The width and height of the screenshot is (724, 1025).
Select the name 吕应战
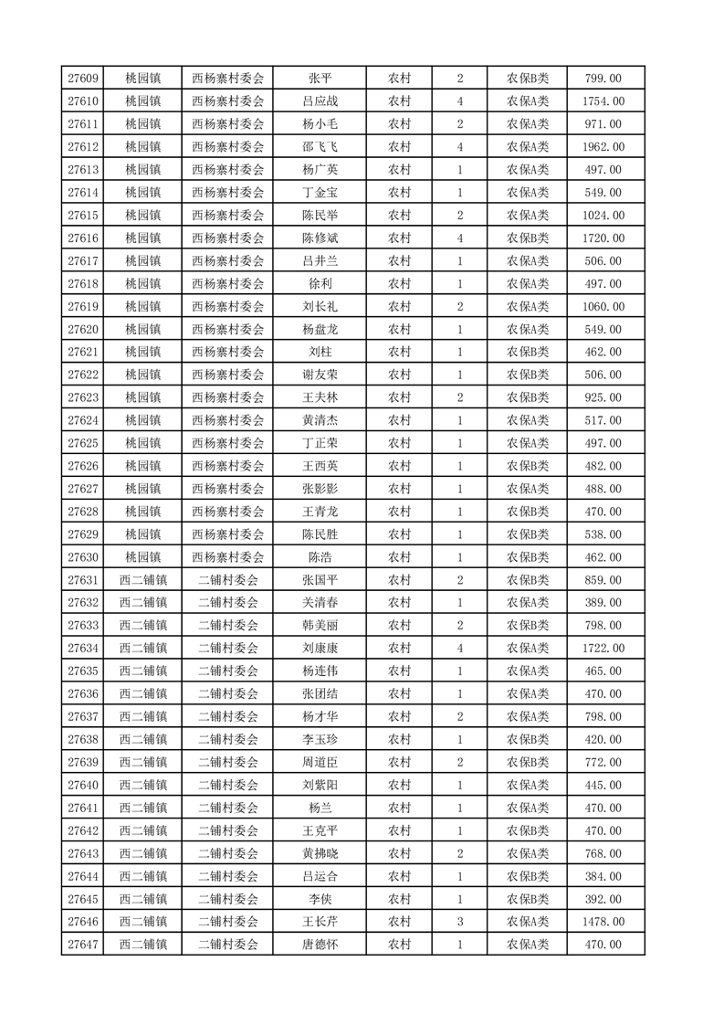coord(320,101)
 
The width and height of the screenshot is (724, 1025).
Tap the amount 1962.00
coord(603,147)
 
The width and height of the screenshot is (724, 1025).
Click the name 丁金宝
coord(320,193)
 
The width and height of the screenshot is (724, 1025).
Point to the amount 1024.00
coord(603,216)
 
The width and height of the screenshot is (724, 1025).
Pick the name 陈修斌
coord(320,238)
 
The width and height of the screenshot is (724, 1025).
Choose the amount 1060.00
coord(603,307)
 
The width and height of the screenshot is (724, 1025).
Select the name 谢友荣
coord(320,375)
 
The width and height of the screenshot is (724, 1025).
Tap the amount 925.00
coord(603,398)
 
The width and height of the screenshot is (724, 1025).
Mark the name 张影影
coord(320,489)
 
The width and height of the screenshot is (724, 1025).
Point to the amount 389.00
coord(603,603)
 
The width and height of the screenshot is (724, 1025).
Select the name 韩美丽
coord(320,626)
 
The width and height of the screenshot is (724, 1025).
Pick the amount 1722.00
coord(603,649)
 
